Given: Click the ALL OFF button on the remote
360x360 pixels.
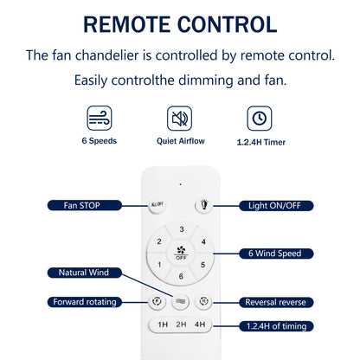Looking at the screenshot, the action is click(x=157, y=204).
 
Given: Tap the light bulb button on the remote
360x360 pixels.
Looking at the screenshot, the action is click(x=204, y=205).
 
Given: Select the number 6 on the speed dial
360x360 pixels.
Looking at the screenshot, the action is click(x=181, y=276).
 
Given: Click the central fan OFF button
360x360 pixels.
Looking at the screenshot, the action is click(x=181, y=253).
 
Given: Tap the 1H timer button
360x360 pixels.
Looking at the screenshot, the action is click(x=163, y=325).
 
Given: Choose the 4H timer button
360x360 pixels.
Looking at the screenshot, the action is click(x=200, y=325).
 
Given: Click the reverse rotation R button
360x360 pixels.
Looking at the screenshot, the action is click(x=203, y=301).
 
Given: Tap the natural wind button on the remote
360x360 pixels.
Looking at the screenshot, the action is click(x=181, y=302).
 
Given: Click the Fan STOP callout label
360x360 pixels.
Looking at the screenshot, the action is click(x=85, y=205).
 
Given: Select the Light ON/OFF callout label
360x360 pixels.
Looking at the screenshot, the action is click(x=276, y=206).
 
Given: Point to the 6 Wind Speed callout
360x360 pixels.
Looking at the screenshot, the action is click(x=276, y=254).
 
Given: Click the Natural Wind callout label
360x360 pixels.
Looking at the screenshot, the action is click(x=85, y=273).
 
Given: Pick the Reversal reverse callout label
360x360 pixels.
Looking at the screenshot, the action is click(x=276, y=302).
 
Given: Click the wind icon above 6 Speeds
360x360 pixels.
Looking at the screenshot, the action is click(x=100, y=119).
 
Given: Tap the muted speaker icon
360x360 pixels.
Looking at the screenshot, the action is click(x=180, y=119).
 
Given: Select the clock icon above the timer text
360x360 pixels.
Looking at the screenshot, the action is click(x=260, y=119).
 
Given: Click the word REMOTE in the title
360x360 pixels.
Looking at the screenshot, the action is click(x=127, y=24).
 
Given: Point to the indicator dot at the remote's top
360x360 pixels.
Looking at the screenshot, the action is click(x=181, y=184).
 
